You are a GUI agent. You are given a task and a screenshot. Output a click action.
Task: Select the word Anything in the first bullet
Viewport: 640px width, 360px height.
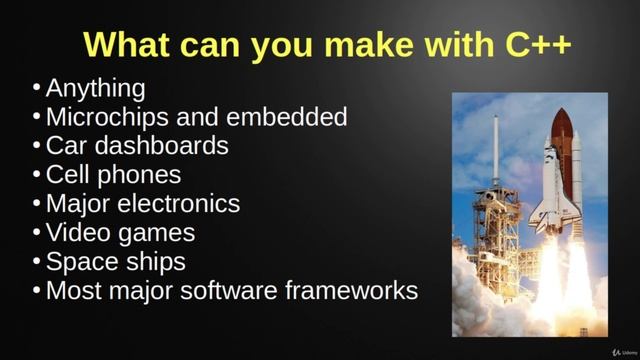click(x=95, y=88)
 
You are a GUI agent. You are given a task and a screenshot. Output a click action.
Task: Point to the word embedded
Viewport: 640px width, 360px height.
click(x=287, y=117)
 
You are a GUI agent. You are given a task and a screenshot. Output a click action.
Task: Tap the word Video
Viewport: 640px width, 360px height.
click(x=76, y=233)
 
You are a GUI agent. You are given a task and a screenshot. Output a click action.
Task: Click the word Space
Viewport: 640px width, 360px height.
click(x=78, y=262)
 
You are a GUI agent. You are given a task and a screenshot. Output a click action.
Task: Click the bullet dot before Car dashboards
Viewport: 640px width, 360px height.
click(x=37, y=147)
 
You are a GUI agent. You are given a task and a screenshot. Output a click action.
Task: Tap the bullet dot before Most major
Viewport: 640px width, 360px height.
click(x=37, y=292)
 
